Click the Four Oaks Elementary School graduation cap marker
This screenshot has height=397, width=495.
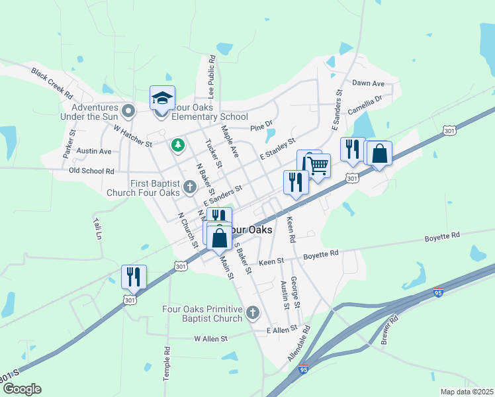162,99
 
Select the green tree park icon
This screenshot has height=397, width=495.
177,144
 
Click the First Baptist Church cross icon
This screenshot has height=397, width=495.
190,187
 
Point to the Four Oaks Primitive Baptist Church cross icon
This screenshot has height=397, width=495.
252,313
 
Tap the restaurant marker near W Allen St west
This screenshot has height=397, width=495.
134,277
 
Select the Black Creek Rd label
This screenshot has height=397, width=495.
51,83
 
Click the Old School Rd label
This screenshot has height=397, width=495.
92,171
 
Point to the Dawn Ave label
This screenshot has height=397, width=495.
368,83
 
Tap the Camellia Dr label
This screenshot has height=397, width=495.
365,105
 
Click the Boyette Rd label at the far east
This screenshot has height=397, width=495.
442,236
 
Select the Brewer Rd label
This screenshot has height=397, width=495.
389,329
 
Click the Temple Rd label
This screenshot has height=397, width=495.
167,361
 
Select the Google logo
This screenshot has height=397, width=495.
21,389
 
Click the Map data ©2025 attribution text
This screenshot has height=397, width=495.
467,392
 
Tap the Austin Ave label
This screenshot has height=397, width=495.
93,152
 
